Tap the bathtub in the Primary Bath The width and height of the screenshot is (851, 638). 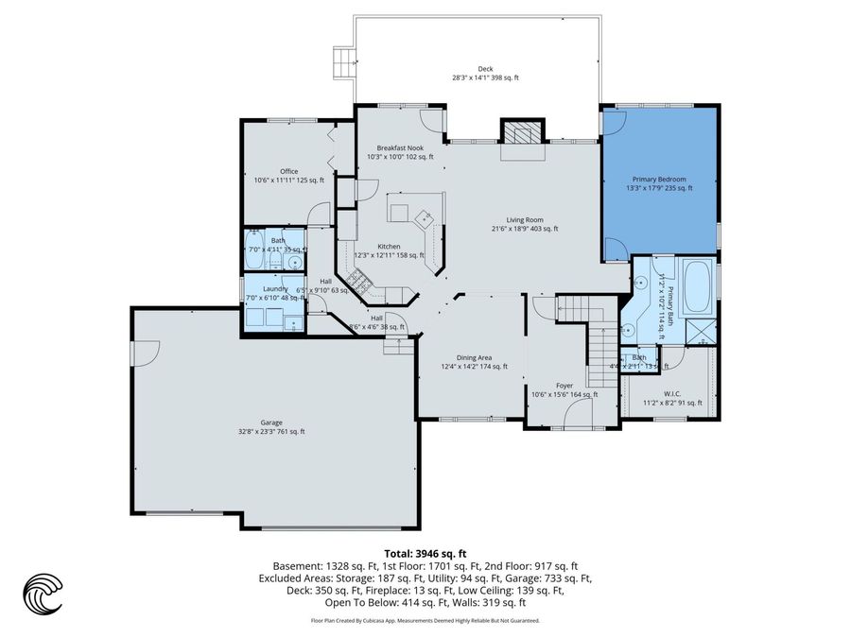pyautogui.click(x=697, y=286)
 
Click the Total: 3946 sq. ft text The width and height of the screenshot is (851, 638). pyautogui.click(x=425, y=554)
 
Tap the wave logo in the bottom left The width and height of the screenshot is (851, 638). pyautogui.click(x=43, y=594)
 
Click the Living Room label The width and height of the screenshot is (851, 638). pyautogui.click(x=525, y=223)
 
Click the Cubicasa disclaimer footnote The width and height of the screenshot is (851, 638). pyautogui.click(x=425, y=621)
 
